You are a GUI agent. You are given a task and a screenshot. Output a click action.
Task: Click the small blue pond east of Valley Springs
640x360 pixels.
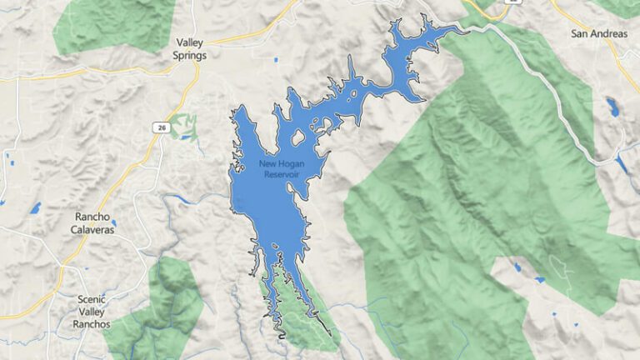click(x=276, y=60)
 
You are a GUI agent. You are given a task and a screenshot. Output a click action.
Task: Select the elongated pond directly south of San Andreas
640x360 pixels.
click(x=613, y=107)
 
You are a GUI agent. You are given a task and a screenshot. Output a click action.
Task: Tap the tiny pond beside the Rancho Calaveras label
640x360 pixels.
click(x=114, y=223)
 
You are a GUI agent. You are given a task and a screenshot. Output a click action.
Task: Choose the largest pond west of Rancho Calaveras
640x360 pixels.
click(x=35, y=207)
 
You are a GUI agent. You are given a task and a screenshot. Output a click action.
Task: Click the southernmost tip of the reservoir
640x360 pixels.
click(x=282, y=337)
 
